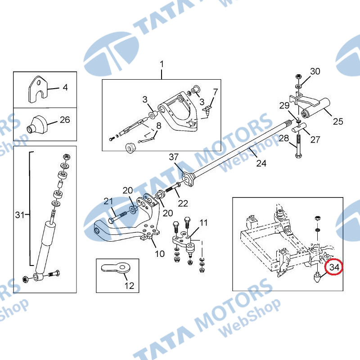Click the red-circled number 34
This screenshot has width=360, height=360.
point(334,267)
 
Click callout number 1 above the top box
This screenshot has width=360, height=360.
point(162,64)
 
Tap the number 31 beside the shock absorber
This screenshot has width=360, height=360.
point(19,215)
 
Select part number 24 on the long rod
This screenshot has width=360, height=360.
point(261,163)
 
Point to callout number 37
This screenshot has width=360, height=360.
point(174,157)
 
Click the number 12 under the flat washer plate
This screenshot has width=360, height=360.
point(129,286)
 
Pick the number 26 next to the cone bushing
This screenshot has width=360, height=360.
point(65,120)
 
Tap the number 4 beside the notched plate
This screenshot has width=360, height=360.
point(65,87)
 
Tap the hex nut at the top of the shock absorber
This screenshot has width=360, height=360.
point(67,157)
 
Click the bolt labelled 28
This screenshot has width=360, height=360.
point(298,147)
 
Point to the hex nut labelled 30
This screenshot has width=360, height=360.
point(298,76)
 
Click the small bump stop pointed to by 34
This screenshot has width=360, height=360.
point(317,277)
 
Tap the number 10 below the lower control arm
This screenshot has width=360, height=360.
point(160,254)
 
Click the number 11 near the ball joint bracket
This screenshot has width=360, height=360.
point(203,222)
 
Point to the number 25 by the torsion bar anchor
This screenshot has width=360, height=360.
point(338,121)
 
